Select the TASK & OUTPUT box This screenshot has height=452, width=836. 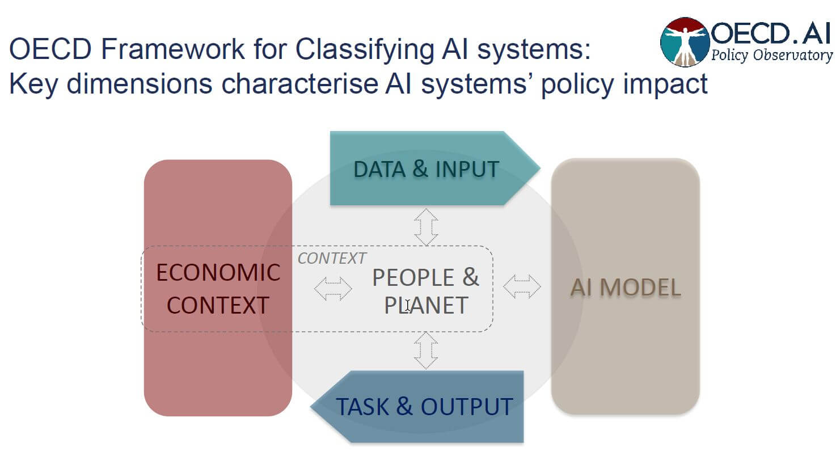coord(424,407)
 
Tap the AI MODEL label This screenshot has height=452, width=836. coord(625,288)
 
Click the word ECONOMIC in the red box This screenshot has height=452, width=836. coord(218,273)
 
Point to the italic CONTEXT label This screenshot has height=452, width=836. coord(332,259)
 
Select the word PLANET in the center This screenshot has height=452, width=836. coord(427,306)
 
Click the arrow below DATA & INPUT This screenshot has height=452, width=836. coord(426,226)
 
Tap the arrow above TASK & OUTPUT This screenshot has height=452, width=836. coord(426,350)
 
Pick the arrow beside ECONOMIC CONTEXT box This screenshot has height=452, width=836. coord(333,288)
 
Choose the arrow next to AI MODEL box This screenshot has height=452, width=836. coord(522,286)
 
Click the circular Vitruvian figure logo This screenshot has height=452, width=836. coord(685,41)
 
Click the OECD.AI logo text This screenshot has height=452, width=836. coord(771,33)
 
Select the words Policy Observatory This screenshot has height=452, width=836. coord(772,56)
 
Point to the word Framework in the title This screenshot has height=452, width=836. coord(173,50)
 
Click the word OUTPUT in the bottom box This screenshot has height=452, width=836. coord(467,407)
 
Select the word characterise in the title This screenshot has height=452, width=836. coord(299,84)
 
